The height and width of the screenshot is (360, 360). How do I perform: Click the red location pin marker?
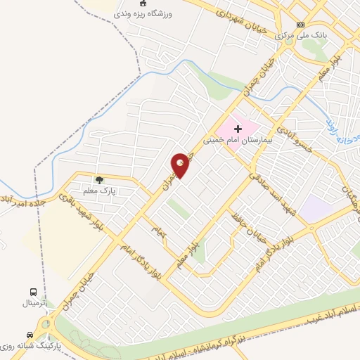tap(180, 165)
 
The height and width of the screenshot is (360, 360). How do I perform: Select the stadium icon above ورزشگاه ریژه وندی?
tap(143, 4)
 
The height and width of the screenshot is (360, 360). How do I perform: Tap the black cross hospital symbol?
tap(238, 129)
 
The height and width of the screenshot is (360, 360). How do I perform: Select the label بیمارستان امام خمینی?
tap(236, 140)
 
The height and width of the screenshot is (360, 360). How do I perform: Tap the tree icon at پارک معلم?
tap(98, 181)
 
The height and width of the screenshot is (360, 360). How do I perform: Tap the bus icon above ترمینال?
tap(32, 292)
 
